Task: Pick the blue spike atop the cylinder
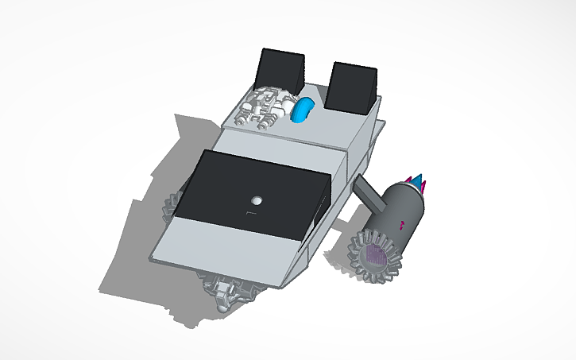(x=414, y=179)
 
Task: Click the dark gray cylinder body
(x=403, y=210)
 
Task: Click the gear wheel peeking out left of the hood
(x=171, y=208)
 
